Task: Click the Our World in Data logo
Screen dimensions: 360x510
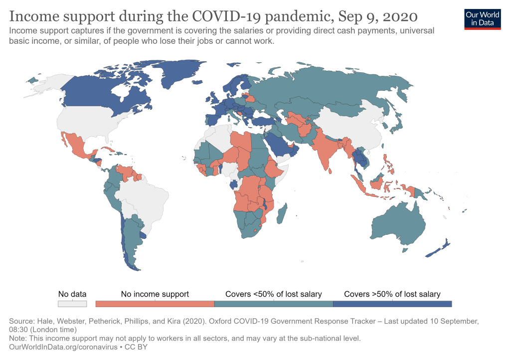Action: (x=482, y=18)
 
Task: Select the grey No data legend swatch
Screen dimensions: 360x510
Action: (x=72, y=304)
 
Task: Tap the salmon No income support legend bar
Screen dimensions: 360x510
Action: (x=155, y=304)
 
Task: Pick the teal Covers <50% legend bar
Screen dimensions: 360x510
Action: (x=273, y=304)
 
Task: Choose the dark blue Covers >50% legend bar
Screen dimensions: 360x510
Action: (x=392, y=304)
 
